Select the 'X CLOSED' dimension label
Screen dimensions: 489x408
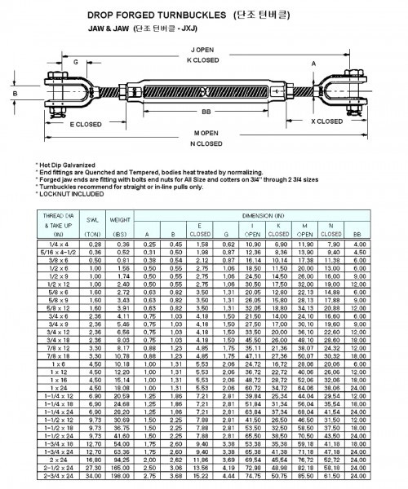pyautogui.click(x=327, y=121)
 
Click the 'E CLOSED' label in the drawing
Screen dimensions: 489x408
pyautogui.click(x=86, y=124)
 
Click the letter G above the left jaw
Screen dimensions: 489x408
pyautogui.click(x=76, y=61)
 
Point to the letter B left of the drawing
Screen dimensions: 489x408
pyautogui.click(x=15, y=94)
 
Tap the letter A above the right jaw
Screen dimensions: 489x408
pyautogui.click(x=313, y=62)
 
